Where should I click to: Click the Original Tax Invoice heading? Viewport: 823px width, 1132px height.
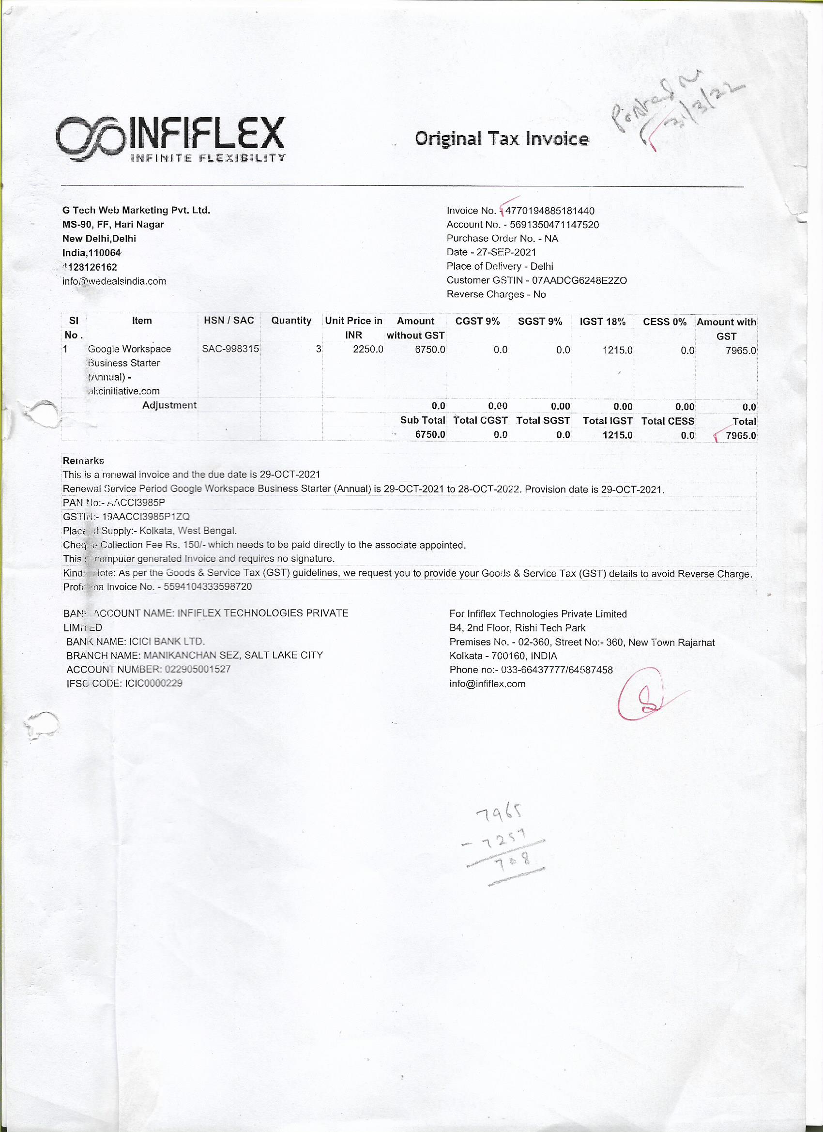[x=501, y=138]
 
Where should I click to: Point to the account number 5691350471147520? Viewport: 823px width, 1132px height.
[x=554, y=225]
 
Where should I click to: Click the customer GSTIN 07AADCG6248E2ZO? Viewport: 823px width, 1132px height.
[x=579, y=280]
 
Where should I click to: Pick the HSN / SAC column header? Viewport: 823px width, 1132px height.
[x=229, y=321]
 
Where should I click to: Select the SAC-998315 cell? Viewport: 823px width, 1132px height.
[x=230, y=349]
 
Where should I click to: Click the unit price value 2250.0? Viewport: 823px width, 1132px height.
[x=368, y=350]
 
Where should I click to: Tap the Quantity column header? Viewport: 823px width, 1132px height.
[x=291, y=321]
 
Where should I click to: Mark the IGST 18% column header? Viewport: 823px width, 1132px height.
[x=602, y=321]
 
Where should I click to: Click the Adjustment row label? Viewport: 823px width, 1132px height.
[x=169, y=405]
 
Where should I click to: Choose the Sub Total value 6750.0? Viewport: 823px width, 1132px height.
[x=430, y=434]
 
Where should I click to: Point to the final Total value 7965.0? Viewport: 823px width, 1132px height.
[x=741, y=435]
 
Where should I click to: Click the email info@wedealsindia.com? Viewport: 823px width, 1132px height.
[x=114, y=281]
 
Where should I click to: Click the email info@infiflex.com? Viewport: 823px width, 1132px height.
[x=487, y=684]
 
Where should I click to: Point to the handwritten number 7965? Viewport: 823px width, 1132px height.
[x=500, y=814]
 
